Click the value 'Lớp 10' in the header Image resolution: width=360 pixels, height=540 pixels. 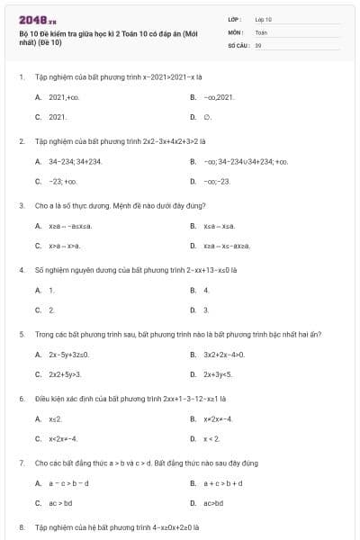[264, 19]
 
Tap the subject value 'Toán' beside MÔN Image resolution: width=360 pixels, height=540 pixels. [261, 31]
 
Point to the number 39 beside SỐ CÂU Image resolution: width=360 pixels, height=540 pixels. [258, 44]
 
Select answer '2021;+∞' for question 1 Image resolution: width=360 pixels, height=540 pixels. [63, 96]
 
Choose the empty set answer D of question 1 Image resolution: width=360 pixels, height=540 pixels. [208, 117]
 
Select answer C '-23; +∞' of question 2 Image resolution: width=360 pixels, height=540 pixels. [64, 181]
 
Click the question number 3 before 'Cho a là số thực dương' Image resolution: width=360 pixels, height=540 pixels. [21, 205]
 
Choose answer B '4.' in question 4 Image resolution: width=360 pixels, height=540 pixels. [207, 290]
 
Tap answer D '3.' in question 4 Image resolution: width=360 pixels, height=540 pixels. [206, 310]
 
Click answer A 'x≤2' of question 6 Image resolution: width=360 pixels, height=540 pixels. [55, 418]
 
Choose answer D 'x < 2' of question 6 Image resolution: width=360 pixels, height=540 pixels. [211, 438]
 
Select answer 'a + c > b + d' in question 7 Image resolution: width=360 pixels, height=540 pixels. [222, 483]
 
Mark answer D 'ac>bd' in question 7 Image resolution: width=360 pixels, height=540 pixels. [213, 503]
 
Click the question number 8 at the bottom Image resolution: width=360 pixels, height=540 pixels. [21, 527]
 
